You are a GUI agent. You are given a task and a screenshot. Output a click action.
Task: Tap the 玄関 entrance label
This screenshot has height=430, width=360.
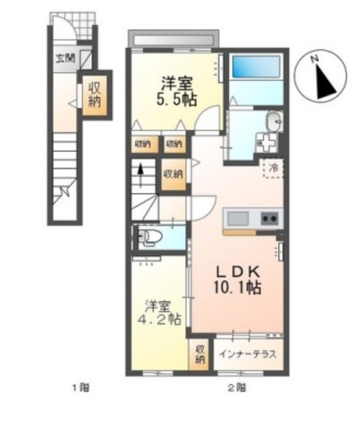[64, 57]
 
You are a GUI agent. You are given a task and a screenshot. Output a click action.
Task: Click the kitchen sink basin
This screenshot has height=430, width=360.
[238, 218]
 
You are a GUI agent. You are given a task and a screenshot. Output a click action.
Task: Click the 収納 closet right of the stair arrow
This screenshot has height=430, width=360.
[173, 173]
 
